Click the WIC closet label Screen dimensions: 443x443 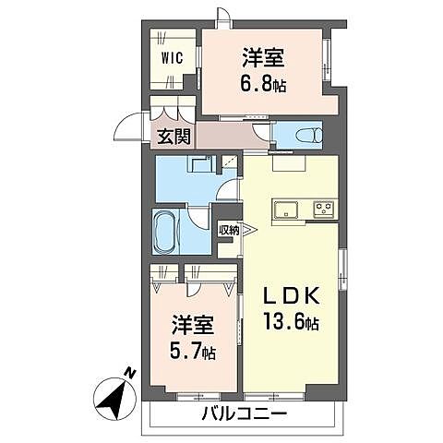click(x=174, y=57)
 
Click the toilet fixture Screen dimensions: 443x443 click(x=308, y=135)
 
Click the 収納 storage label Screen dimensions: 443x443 click(x=227, y=231)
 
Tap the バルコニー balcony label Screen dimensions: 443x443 click(x=243, y=413)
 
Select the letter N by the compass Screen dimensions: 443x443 click(x=131, y=373)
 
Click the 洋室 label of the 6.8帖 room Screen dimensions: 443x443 click(x=263, y=54)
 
